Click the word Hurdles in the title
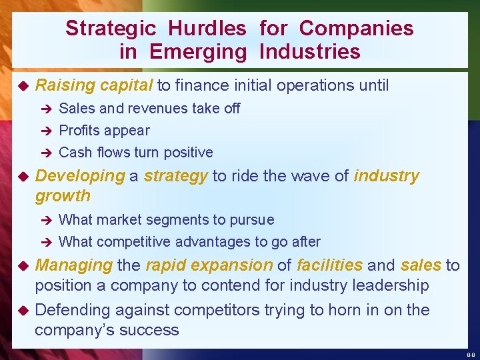coord(207,28)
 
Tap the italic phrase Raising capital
coord(94,85)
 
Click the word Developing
coord(80,176)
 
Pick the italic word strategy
coord(176,176)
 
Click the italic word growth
coord(63,196)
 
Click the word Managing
coord(73,265)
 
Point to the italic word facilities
coord(329,265)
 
